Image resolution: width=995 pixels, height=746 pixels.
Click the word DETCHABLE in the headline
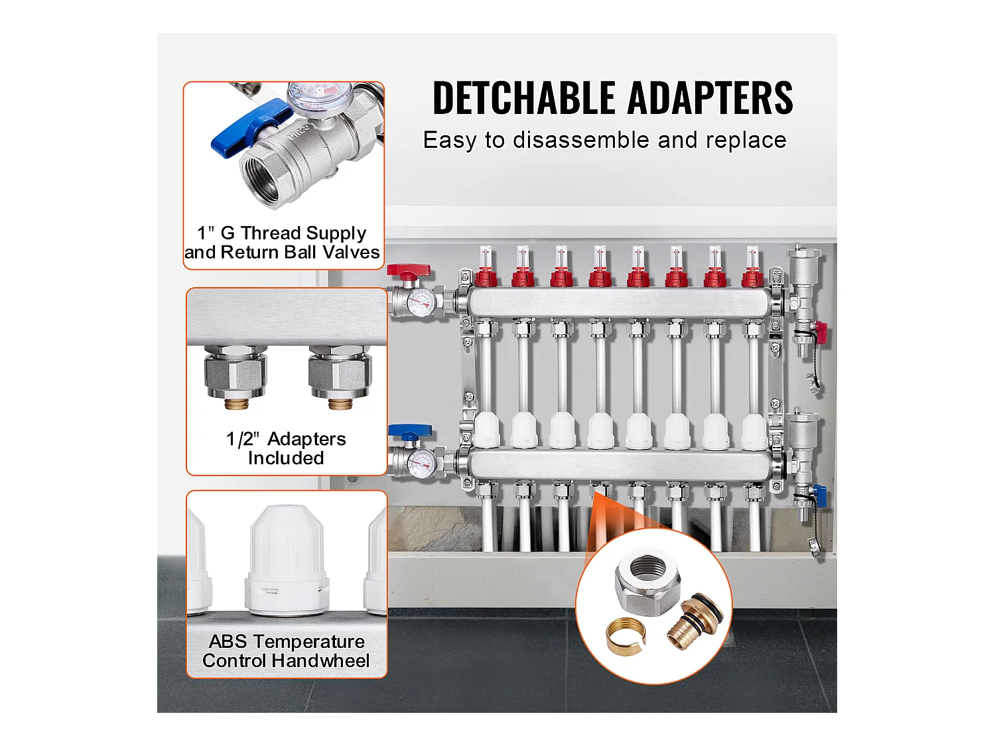tap(524, 98)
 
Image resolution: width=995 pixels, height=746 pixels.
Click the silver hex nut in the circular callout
tap(641, 579)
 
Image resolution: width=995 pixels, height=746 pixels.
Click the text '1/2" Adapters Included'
tap(286, 448)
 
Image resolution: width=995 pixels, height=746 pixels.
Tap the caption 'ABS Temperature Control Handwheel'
tap(286, 651)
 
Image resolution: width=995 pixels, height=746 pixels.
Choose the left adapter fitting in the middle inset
tap(235, 375)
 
